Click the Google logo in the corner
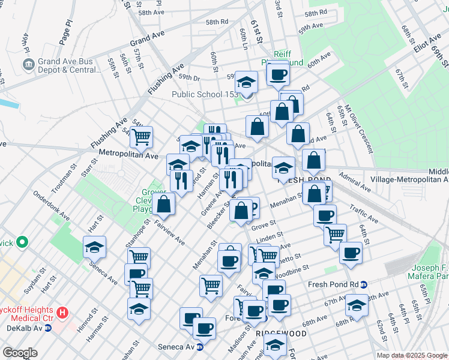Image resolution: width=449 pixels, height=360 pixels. [20, 353]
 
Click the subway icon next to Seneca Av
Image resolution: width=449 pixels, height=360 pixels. [200, 347]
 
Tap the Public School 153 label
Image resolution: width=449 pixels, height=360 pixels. [205, 94]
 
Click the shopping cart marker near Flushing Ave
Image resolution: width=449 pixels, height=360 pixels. [141, 137]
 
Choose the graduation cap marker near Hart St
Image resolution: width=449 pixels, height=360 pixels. [94, 247]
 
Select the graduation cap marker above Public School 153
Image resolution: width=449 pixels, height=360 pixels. [246, 82]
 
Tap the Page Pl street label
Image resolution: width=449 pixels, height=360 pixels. [65, 31]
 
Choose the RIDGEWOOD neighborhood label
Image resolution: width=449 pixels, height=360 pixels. [281, 332]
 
